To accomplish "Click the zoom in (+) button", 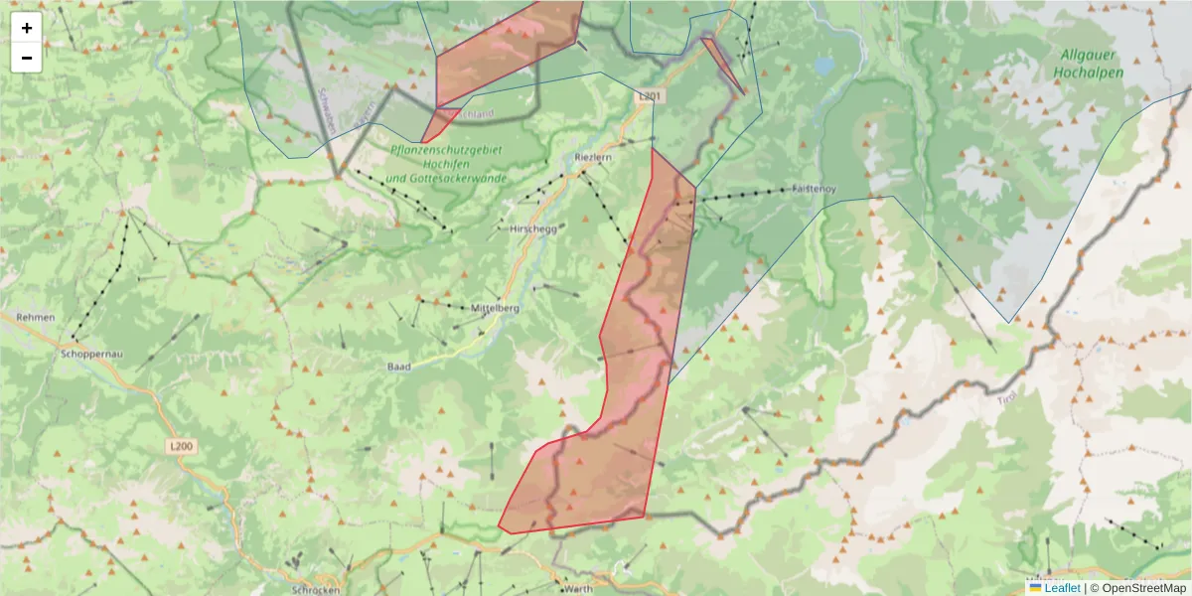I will [x=27, y=28].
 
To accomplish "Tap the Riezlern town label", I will [x=593, y=157].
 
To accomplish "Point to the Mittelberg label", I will [x=496, y=308].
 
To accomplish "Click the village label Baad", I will [x=398, y=367].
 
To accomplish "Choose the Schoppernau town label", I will [x=90, y=353].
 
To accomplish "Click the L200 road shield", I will [x=181, y=447].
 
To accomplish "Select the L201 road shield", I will [x=649, y=96].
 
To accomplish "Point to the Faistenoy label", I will [x=815, y=188].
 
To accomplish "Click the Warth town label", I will [x=577, y=588].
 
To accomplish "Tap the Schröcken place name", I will [x=317, y=589].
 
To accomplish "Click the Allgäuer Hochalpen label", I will [x=1091, y=64].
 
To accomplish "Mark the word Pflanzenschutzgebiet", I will [x=446, y=148].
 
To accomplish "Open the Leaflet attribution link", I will [x=1061, y=588].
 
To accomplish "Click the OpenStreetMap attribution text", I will [x=1143, y=588].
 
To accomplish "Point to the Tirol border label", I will [x=1007, y=399].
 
